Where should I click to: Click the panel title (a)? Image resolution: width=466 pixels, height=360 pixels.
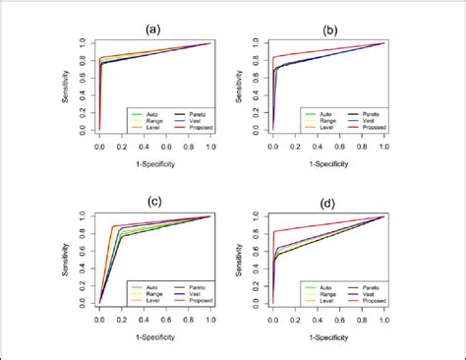coord(154,30)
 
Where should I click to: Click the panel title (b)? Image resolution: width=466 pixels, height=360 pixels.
coord(327,30)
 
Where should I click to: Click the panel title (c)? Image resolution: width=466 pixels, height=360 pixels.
coord(154,204)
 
